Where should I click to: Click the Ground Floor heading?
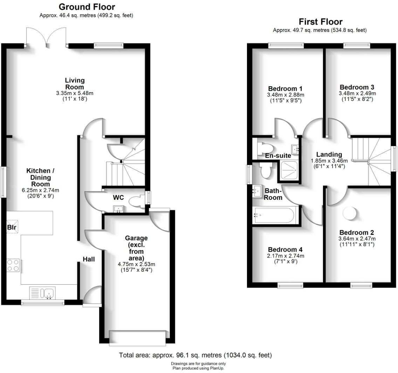coord(87,7)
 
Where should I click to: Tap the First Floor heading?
coord(321,22)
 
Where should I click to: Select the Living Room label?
coord(75,83)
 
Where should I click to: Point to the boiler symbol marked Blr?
coord(12,227)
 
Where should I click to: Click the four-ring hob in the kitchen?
coord(13,265)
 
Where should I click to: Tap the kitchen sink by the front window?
coord(42,293)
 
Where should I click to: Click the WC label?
coord(118,197)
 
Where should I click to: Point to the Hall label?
coord(89,259)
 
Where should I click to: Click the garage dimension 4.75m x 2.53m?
coord(136,264)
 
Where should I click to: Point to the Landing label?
coord(329,154)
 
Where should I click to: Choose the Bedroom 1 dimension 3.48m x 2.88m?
coord(286,95)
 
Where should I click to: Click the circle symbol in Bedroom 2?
coord(350,214)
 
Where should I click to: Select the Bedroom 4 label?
coord(285,250)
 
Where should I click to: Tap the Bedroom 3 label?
coord(357,87)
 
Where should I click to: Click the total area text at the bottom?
coord(195,355)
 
